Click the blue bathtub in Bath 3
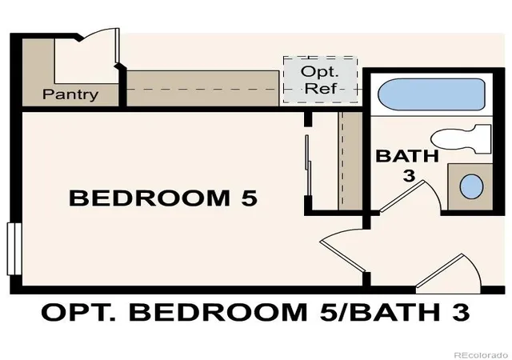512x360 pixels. pyautogui.click(x=431, y=94)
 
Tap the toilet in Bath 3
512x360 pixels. pyautogui.click(x=461, y=139)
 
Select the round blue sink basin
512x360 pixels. pyautogui.click(x=471, y=186)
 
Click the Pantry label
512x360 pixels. pyautogui.click(x=70, y=94)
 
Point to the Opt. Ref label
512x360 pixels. pyautogui.click(x=320, y=80)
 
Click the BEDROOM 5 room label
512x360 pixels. pyautogui.click(x=163, y=198)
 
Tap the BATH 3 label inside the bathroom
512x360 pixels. pyautogui.click(x=407, y=166)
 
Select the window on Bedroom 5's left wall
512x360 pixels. pyautogui.click(x=14, y=249)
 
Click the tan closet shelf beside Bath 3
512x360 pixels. pyautogui.click(x=350, y=161)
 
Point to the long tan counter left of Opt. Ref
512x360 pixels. pyautogui.click(x=202, y=88)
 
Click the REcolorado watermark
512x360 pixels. pyautogui.click(x=481, y=354)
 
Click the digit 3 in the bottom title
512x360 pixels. pyautogui.click(x=461, y=312)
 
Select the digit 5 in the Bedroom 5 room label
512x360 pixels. pyautogui.click(x=249, y=198)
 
